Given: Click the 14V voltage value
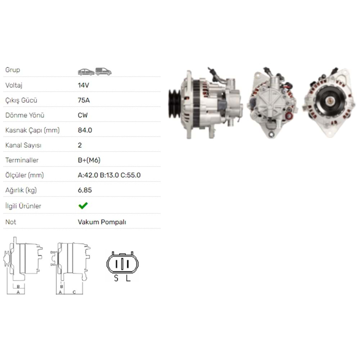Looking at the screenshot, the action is [84, 85].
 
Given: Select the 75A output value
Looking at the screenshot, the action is [84, 100].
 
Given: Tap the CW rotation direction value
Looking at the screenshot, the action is [83, 115].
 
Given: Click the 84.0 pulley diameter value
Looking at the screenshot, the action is [85, 130].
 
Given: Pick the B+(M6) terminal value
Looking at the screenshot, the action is [89, 160].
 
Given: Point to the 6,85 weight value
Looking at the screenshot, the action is [85, 190].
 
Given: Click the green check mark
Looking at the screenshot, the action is [83, 206].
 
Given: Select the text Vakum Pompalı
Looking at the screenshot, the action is [102, 222].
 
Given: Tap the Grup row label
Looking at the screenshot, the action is [13, 70].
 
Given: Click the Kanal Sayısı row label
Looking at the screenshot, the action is [23, 145].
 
